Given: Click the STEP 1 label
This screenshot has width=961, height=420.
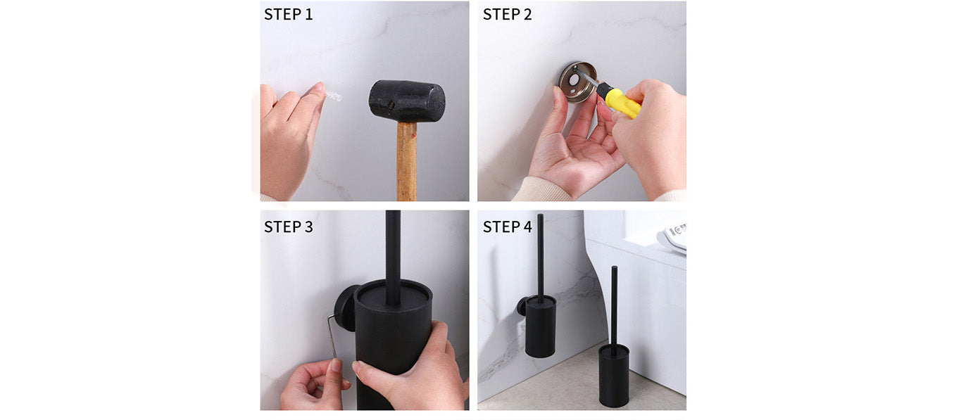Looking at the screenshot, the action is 289,15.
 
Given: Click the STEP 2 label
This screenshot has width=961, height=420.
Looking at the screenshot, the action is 507,15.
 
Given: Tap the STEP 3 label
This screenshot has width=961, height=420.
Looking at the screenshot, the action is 289,227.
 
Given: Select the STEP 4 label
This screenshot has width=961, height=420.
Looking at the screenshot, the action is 507,227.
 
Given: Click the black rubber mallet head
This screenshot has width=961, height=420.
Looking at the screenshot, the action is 407,101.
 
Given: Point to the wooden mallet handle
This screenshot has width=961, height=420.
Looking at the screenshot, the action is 407,162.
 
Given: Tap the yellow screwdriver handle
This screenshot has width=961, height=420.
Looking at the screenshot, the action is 620,102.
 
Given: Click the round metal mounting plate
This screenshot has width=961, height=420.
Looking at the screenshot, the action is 577,82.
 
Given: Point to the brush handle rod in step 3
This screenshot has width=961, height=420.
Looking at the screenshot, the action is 393,257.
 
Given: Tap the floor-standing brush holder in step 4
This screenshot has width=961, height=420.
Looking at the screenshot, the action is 613,376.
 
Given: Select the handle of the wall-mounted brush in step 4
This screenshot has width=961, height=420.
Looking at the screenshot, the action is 541,257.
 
